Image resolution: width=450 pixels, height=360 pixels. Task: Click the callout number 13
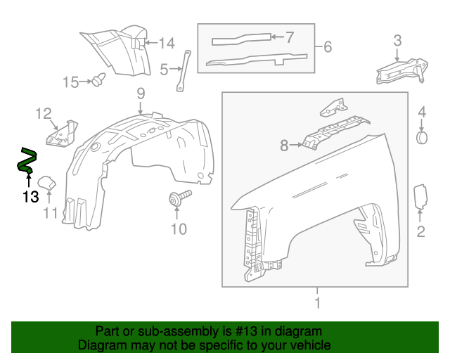30,197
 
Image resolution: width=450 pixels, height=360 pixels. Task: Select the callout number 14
166,44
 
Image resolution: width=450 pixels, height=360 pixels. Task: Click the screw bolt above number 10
179,198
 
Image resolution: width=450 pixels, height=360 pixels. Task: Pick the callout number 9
140,93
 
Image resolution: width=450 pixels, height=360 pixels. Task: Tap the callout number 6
328,48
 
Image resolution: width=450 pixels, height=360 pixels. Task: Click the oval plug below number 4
422,136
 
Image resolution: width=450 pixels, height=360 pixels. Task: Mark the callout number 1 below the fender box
317,303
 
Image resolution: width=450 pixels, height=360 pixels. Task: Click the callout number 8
284,146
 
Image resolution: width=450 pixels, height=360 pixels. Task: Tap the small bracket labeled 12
63,134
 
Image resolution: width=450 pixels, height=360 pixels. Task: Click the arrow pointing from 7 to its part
276,35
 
